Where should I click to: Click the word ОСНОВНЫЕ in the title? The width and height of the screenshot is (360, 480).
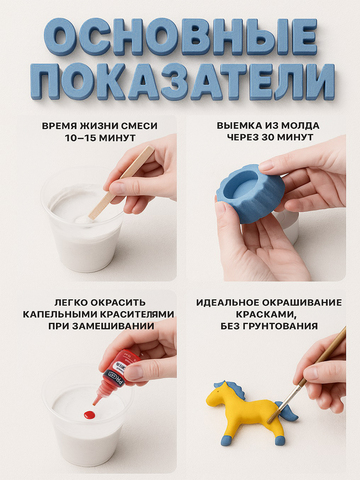[180, 37]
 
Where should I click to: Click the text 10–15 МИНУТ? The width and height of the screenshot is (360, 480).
[100, 138]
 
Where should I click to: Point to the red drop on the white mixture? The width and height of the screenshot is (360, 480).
[89, 415]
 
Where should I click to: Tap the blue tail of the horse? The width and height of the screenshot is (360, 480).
[288, 413]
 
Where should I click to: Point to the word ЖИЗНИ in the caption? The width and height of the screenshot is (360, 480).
[92, 126]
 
